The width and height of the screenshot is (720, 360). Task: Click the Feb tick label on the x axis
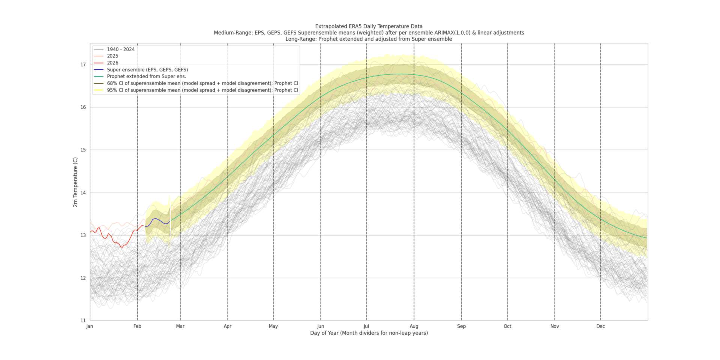coord(137,326)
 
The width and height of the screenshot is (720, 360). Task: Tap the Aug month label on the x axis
coord(414,326)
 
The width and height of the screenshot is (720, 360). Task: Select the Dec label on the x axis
coord(600,326)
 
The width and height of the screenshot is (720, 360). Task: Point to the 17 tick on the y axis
coord(83,65)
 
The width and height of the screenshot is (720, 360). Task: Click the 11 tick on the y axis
coord(83,321)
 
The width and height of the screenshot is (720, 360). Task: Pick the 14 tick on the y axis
coord(83,193)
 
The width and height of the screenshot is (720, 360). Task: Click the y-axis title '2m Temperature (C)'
coord(75,182)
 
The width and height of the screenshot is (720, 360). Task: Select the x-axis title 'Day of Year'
coord(369,333)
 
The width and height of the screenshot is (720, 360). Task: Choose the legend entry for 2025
coord(112,56)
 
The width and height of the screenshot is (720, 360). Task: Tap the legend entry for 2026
coord(112,63)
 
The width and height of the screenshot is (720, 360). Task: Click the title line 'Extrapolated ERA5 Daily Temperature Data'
coord(369,27)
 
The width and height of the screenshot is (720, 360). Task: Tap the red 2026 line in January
coord(109,235)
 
